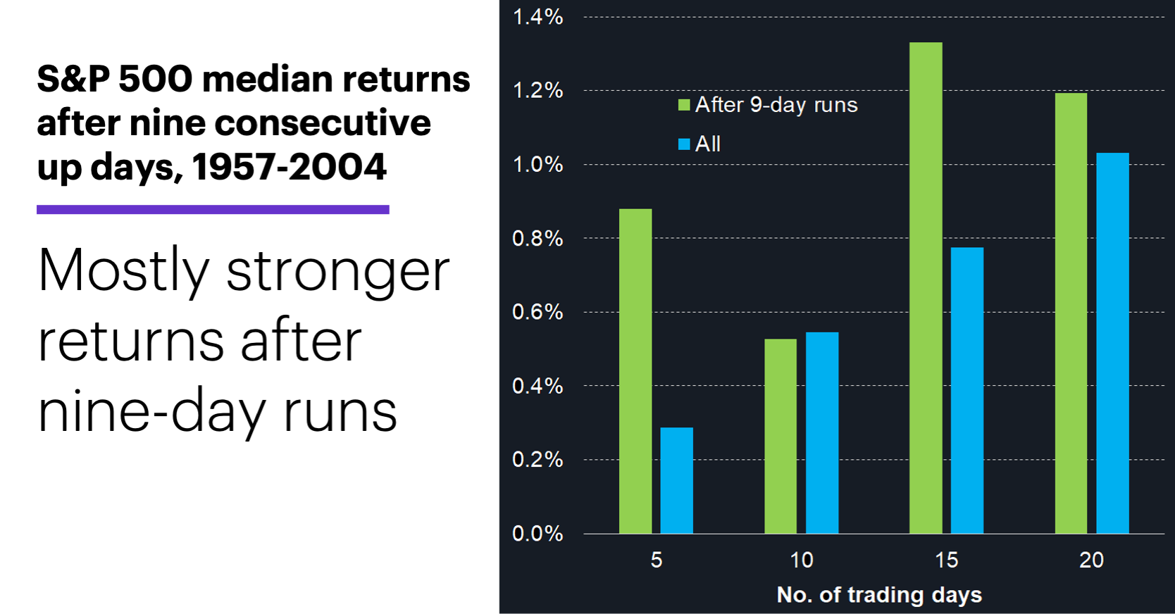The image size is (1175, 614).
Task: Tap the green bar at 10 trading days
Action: [781, 436]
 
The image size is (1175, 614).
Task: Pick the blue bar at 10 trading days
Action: [822, 432]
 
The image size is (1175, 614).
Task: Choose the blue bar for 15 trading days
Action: [967, 390]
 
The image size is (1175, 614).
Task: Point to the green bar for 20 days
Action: [1071, 313]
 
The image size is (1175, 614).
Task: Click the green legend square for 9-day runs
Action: [683, 105]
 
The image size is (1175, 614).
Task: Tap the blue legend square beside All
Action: [683, 144]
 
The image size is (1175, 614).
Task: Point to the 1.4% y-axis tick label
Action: [537, 17]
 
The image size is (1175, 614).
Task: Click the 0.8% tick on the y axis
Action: [537, 238]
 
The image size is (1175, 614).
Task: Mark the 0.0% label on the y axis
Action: [537, 533]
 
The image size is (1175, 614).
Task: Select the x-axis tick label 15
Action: [946, 560]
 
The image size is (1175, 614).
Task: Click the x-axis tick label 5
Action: [656, 560]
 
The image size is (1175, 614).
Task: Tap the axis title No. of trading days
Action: [878, 594]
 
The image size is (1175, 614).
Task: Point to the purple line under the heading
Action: [213, 209]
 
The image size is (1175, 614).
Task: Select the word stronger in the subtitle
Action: [337, 271]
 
